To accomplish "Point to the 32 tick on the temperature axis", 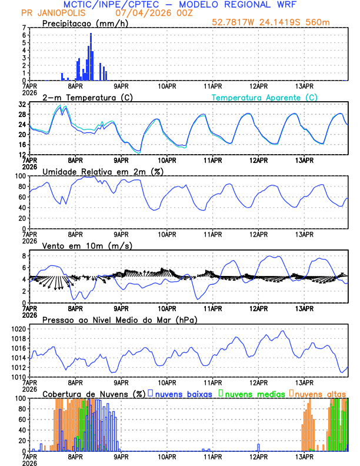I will click(x=21, y=104).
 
